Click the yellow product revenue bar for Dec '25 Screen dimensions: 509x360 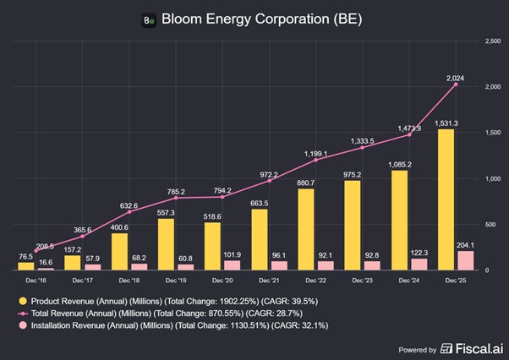pyautogui.click(x=446, y=199)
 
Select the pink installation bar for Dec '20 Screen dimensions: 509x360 pyautogui.click(x=233, y=265)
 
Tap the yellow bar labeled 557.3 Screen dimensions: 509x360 pyautogui.click(x=166, y=244)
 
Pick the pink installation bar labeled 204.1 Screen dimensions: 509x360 pyautogui.click(x=466, y=260)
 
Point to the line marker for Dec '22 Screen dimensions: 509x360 pyautogui.click(x=316, y=160)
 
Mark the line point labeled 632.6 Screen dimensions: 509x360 pyautogui.click(x=129, y=212)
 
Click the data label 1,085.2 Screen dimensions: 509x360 pyautogui.click(x=400, y=165)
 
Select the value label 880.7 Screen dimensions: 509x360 pyautogui.click(x=305, y=183)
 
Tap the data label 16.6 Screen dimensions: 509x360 pyautogui.click(x=46, y=262)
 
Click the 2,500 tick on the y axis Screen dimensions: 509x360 pyautogui.click(x=492, y=41)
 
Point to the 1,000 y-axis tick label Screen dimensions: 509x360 pyautogui.click(x=492, y=178)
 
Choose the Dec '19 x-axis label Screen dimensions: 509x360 pyautogui.click(x=176, y=281)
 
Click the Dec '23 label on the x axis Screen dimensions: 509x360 pyautogui.click(x=362, y=281)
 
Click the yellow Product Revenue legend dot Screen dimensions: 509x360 pyautogui.click(x=23, y=301)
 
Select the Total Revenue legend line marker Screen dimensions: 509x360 pyautogui.click(x=23, y=314)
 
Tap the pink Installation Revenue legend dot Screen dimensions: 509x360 pyautogui.click(x=23, y=325)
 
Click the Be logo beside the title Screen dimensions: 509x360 pyautogui.click(x=149, y=20)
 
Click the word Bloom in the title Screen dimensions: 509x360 pyautogui.click(x=182, y=19)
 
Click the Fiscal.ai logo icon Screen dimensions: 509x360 pyautogui.click(x=446, y=349)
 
